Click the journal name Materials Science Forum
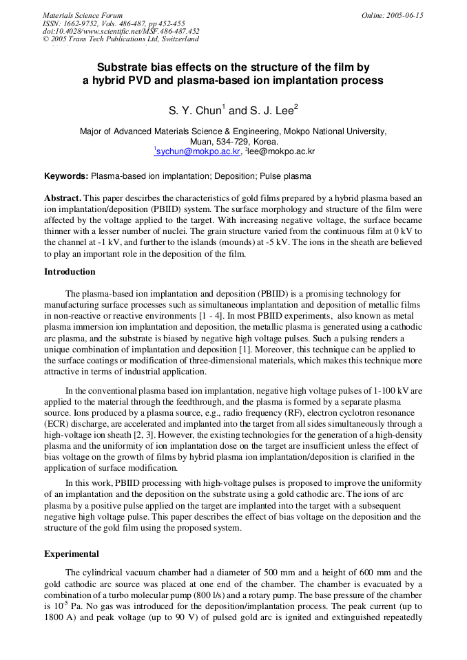point(83,15)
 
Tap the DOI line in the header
point(121,31)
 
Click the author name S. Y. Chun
point(196,110)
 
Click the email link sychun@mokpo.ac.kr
point(198,151)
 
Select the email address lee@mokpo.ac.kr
point(282,151)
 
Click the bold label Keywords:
point(66,176)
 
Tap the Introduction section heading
point(70,272)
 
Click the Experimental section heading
point(72,554)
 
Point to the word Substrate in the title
point(123,67)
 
